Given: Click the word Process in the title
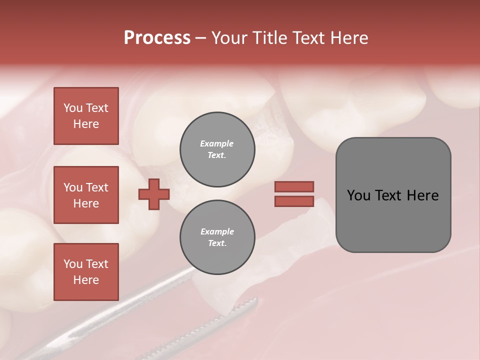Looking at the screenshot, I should click(x=157, y=38).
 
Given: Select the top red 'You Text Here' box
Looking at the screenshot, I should click(x=86, y=116).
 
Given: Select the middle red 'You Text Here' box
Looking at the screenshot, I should click(x=86, y=195).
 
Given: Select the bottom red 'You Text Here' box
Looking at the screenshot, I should click(x=86, y=272).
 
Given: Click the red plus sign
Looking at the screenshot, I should click(x=154, y=194).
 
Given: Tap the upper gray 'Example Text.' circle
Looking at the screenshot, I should click(x=217, y=149).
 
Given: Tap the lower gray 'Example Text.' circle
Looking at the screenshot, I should click(x=217, y=237).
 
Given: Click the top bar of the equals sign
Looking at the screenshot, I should click(x=294, y=186).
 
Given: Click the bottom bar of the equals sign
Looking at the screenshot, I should click(x=294, y=201).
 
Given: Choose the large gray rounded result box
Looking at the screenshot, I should click(x=393, y=195).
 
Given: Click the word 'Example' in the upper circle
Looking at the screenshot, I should click(x=217, y=143).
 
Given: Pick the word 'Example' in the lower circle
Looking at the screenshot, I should click(x=217, y=231).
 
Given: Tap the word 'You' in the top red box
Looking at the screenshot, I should click(x=72, y=108).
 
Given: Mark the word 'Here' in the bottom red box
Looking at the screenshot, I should click(x=86, y=280).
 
